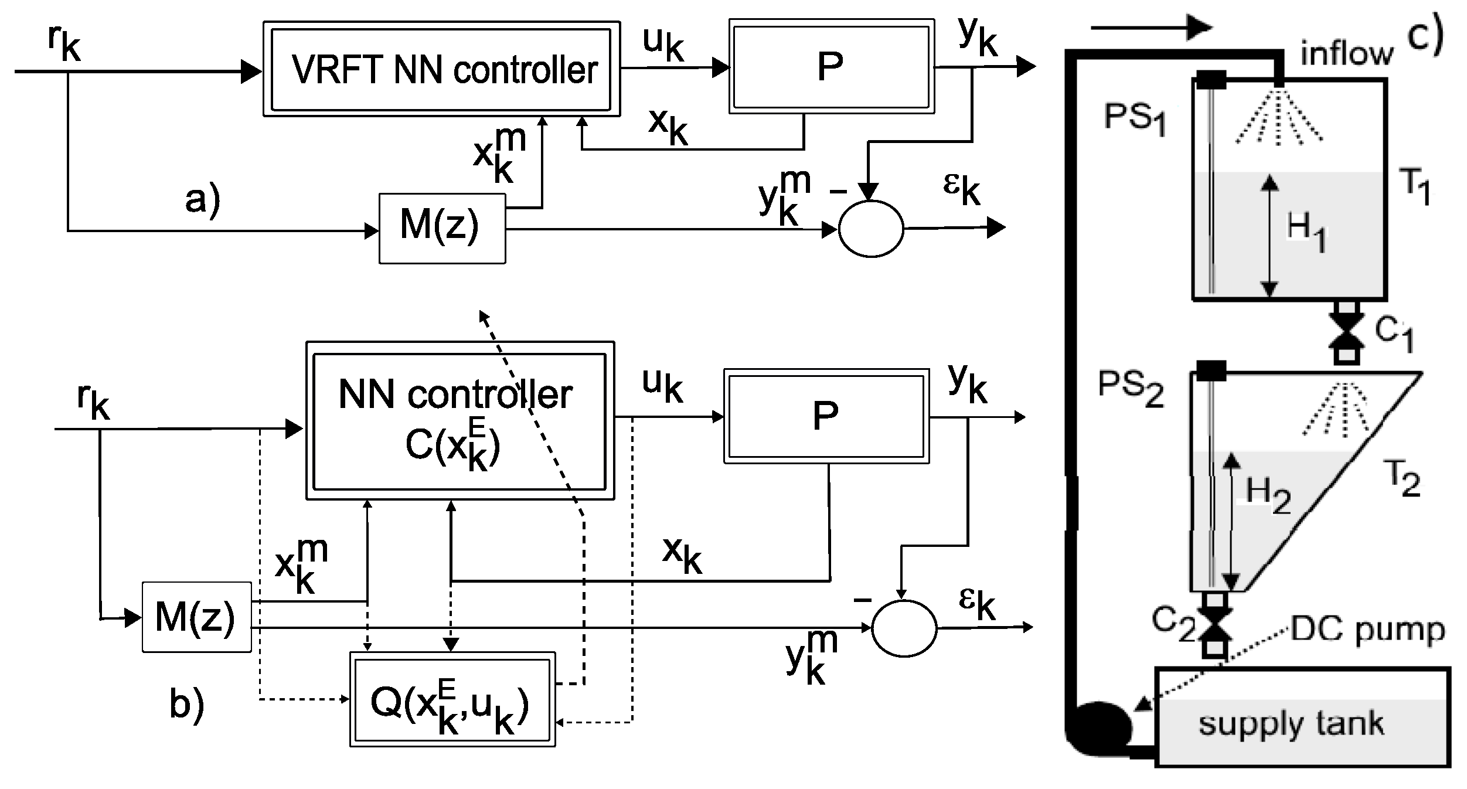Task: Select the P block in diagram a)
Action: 830,66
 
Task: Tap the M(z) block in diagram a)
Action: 442,228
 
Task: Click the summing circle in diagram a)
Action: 870,229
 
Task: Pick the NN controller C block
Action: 459,420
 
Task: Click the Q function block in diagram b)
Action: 452,699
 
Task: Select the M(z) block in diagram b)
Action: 196,617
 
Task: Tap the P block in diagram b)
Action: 826,416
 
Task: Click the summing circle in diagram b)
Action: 904,628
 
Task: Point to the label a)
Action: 203,200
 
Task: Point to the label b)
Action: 186,704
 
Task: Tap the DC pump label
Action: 1368,631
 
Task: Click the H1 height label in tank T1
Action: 1306,232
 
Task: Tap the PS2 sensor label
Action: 1130,389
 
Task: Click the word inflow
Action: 1346,53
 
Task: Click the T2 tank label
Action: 1403,478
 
